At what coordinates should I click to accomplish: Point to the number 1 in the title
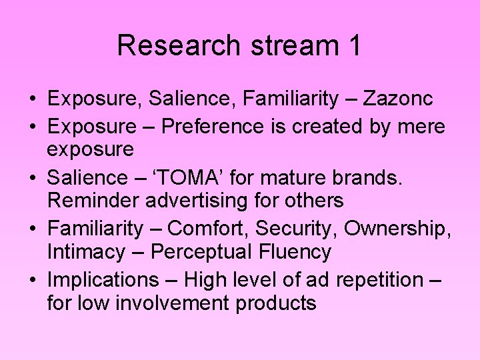(x=354, y=45)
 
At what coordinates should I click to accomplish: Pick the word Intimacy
(x=85, y=252)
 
